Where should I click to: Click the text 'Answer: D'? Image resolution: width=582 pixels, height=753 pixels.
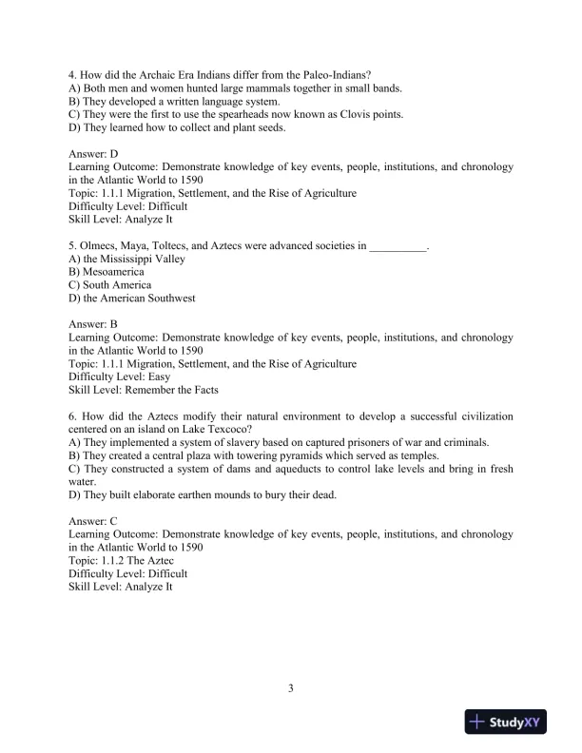(94, 153)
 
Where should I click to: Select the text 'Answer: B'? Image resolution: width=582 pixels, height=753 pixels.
(93, 324)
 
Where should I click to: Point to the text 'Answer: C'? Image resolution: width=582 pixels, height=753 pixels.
(93, 522)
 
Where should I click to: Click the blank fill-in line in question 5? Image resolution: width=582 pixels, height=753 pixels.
(398, 245)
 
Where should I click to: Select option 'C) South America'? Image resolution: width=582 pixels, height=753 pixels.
(110, 285)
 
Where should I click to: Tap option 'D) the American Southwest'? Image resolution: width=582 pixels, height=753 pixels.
(132, 299)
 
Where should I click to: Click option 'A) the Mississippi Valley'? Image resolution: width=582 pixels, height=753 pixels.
(127, 259)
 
